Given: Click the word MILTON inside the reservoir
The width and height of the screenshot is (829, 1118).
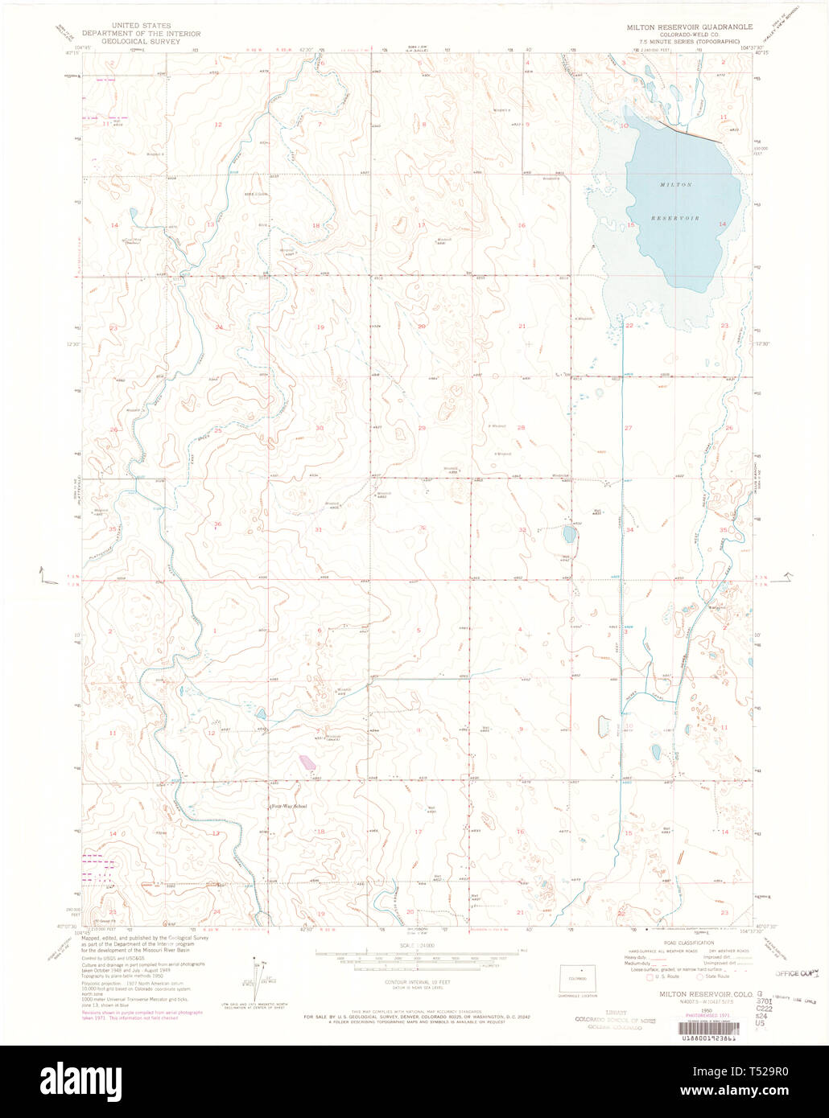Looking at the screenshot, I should pos(675,185).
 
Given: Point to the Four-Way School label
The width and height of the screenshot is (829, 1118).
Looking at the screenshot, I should pos(288,805).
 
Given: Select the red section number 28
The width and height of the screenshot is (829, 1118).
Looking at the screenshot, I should pos(521,428).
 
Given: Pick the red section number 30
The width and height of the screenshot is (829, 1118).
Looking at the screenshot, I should pos(320,428).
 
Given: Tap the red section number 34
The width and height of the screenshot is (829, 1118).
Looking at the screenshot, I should pos(630,530).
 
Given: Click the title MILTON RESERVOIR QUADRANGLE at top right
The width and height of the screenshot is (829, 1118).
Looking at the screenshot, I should pos(690,27).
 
